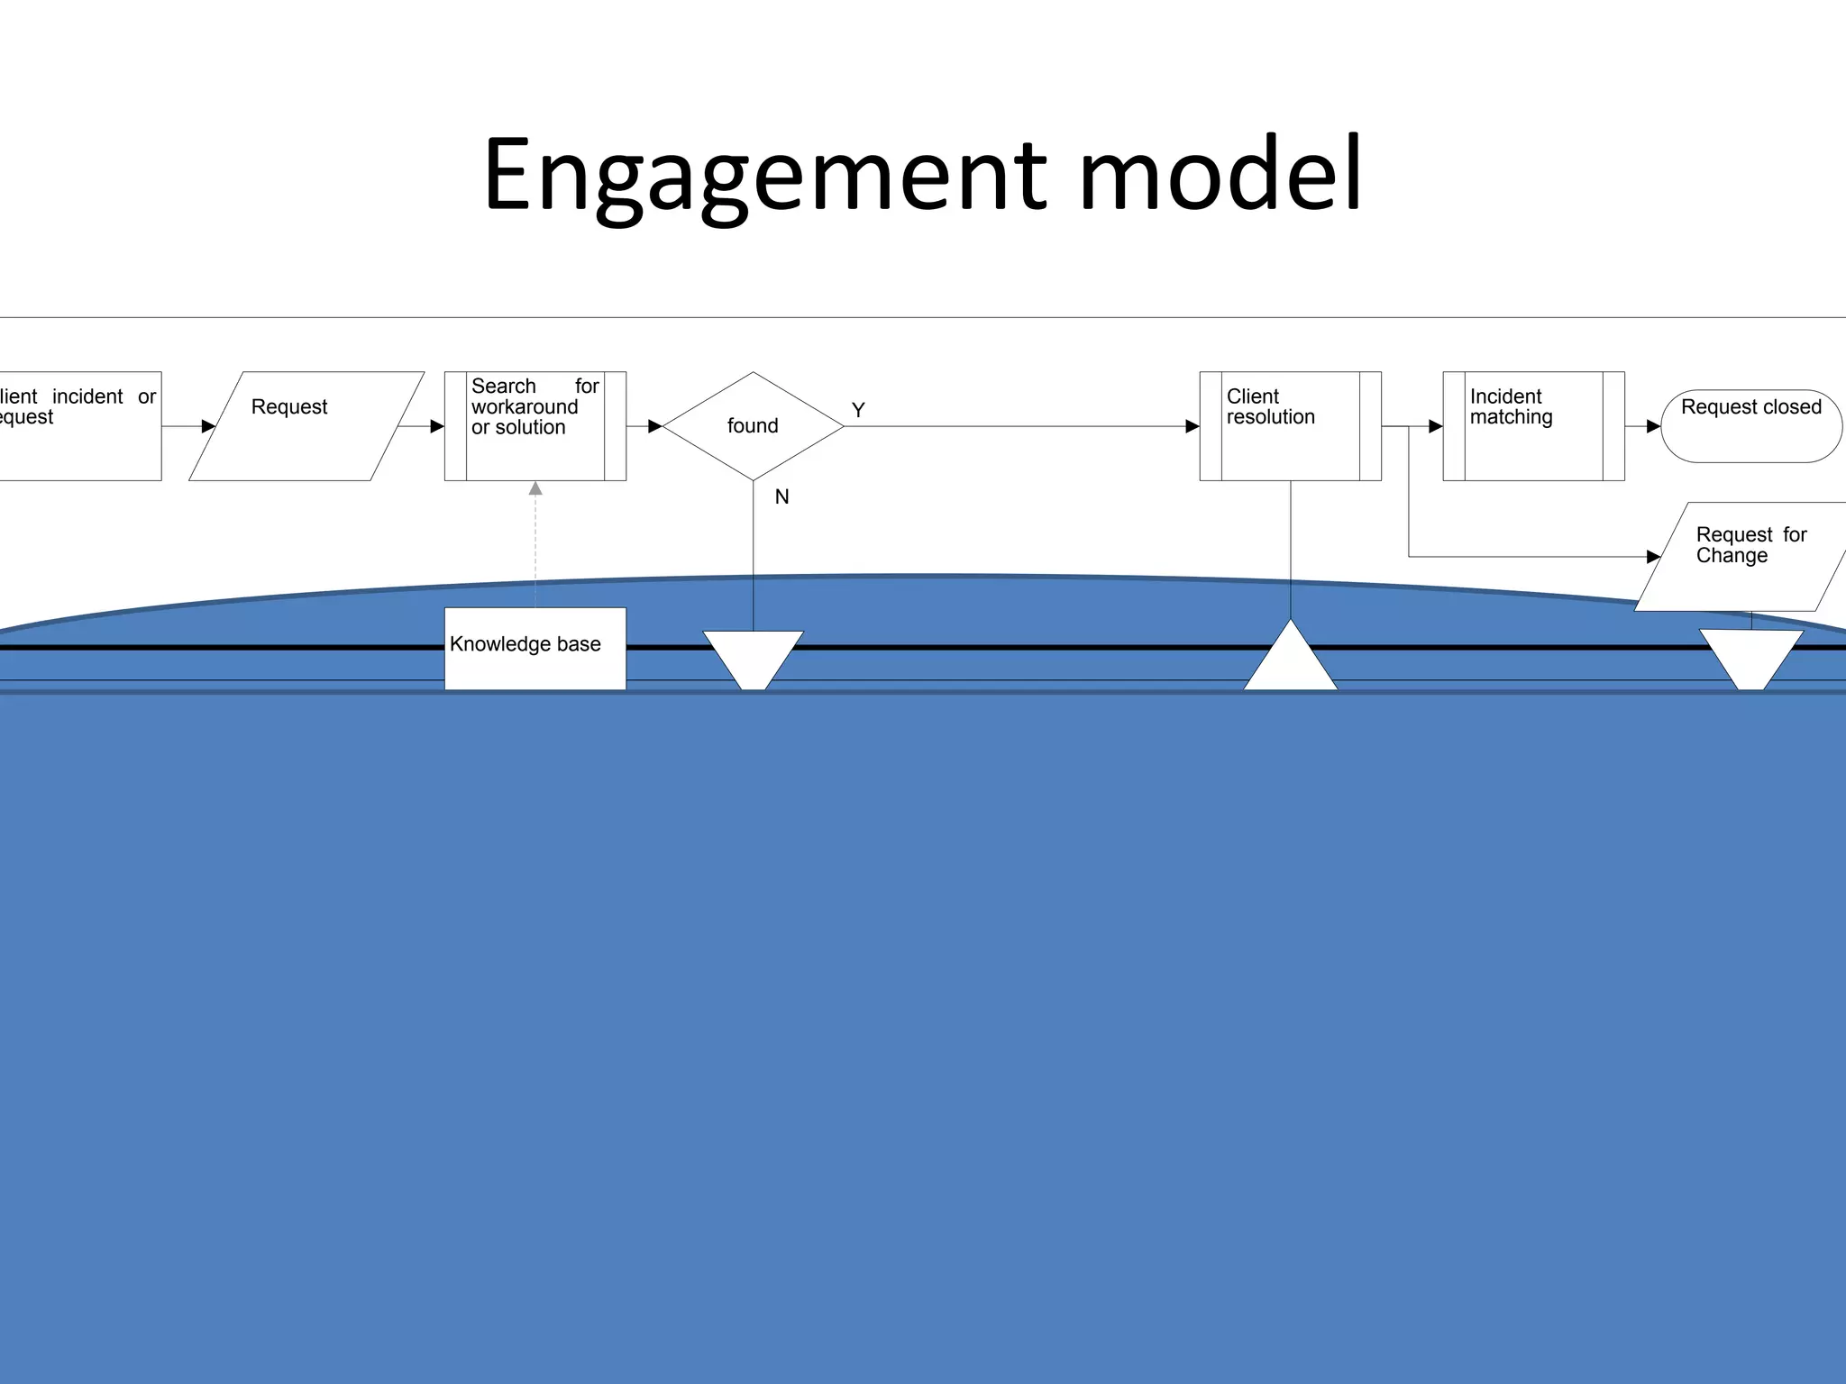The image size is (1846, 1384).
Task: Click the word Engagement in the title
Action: [x=764, y=176]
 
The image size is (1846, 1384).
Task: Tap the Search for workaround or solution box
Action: [x=535, y=425]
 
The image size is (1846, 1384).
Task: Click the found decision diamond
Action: [x=753, y=425]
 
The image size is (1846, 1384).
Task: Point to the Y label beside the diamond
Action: [x=858, y=410]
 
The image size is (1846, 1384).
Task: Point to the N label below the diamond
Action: [x=781, y=496]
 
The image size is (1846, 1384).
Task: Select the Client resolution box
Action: [x=1290, y=425]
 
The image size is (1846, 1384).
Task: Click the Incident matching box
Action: [x=1533, y=425]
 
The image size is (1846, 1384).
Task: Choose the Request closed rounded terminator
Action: [x=1750, y=425]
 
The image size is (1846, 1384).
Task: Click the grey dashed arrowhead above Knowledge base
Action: [x=535, y=488]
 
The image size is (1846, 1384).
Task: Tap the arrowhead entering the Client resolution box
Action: [x=1192, y=426]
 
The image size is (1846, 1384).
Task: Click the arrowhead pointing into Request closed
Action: [x=1653, y=426]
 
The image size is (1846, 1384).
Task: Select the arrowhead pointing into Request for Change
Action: [x=1653, y=557]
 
